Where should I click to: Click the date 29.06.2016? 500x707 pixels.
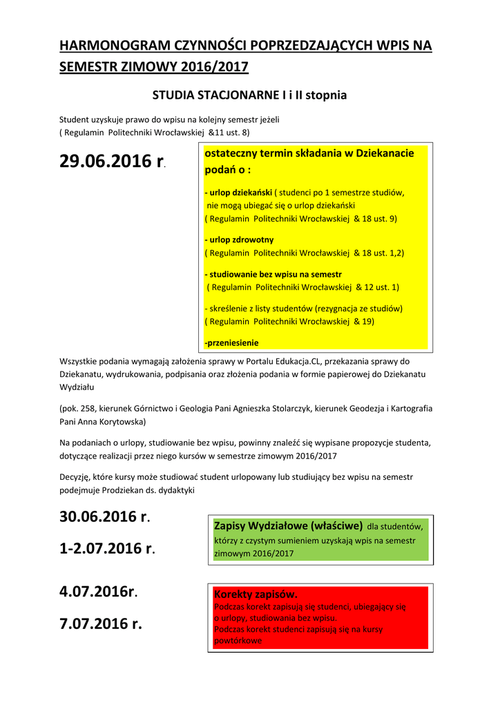coord(105,162)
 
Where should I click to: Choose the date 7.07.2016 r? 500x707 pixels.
coord(101,624)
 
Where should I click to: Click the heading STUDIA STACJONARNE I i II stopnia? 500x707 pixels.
coord(249,95)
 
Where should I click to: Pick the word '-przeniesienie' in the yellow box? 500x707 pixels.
coord(231,342)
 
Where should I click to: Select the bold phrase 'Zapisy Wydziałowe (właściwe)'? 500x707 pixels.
coord(289,525)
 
